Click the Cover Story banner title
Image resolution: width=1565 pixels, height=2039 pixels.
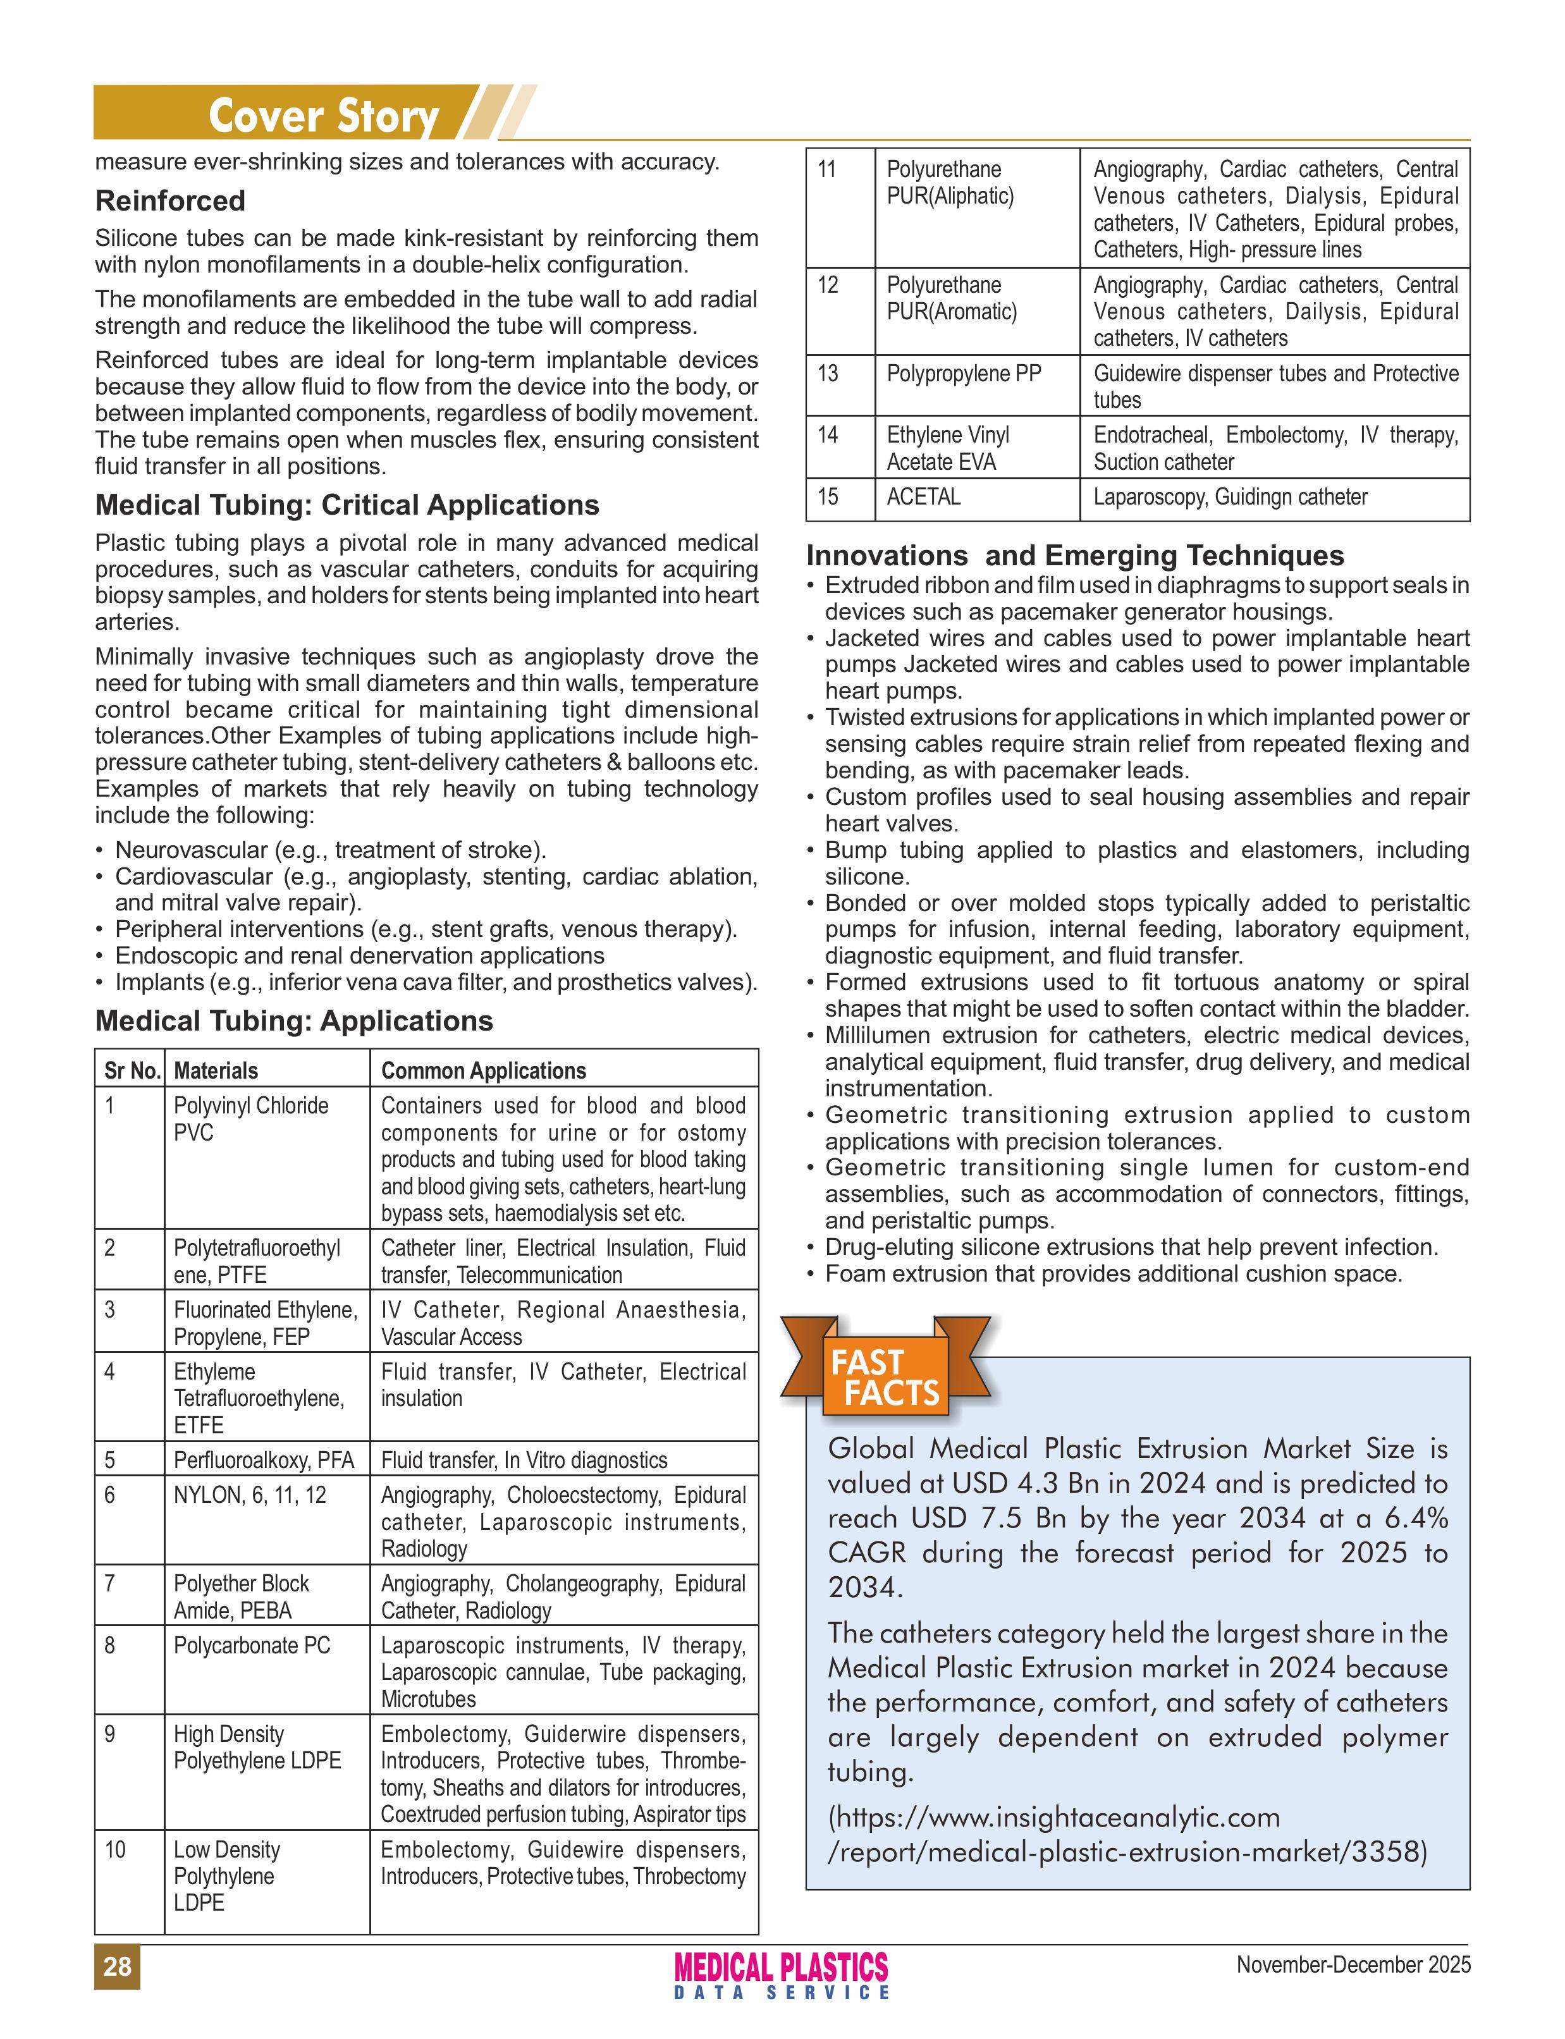point(322,116)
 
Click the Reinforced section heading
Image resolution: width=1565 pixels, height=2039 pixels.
point(171,200)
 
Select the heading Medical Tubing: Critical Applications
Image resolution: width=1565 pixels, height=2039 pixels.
point(347,505)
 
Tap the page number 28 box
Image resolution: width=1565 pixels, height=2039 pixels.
point(118,1966)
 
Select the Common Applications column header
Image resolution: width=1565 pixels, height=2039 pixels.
point(484,1070)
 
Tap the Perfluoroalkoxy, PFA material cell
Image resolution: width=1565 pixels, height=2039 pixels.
point(264,1460)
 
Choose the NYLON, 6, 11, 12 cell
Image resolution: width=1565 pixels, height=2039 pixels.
point(250,1495)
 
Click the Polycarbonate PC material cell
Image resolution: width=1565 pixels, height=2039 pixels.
point(252,1645)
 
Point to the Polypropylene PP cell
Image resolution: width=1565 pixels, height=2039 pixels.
point(963,374)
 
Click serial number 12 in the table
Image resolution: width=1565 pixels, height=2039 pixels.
point(828,285)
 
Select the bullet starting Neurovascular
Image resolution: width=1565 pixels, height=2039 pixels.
point(330,850)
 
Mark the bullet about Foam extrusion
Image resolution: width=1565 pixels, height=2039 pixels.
point(1113,1273)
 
